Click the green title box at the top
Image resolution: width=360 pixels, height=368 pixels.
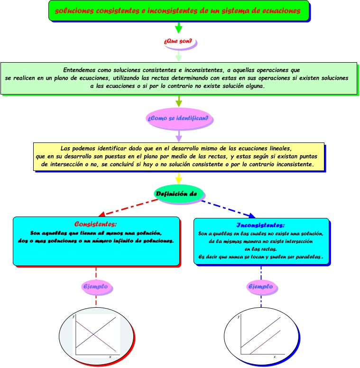point(179,10)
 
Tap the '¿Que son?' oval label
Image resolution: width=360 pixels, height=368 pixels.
point(178,42)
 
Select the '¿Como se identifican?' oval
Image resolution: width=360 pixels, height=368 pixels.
point(178,118)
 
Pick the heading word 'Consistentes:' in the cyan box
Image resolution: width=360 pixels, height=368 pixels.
point(95,224)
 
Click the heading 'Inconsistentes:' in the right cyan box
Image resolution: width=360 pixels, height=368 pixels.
point(260,225)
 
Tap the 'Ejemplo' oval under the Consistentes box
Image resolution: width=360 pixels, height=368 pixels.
point(96,286)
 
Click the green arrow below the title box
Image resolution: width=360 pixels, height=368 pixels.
point(178,28)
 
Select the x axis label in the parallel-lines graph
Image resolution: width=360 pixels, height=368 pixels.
point(274,357)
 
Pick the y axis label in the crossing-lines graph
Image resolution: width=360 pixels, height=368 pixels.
point(74,316)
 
